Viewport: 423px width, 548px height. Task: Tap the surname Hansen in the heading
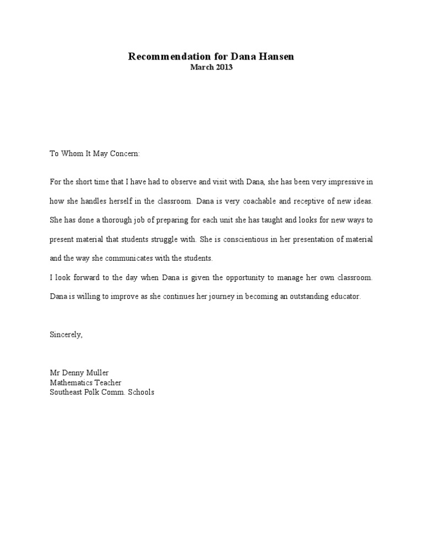pos(275,57)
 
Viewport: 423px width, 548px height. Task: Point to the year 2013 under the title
pos(224,67)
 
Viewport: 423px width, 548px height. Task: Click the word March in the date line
pos(201,67)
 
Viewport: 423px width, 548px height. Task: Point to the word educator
pos(344,296)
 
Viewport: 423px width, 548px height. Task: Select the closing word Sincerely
pos(66,335)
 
